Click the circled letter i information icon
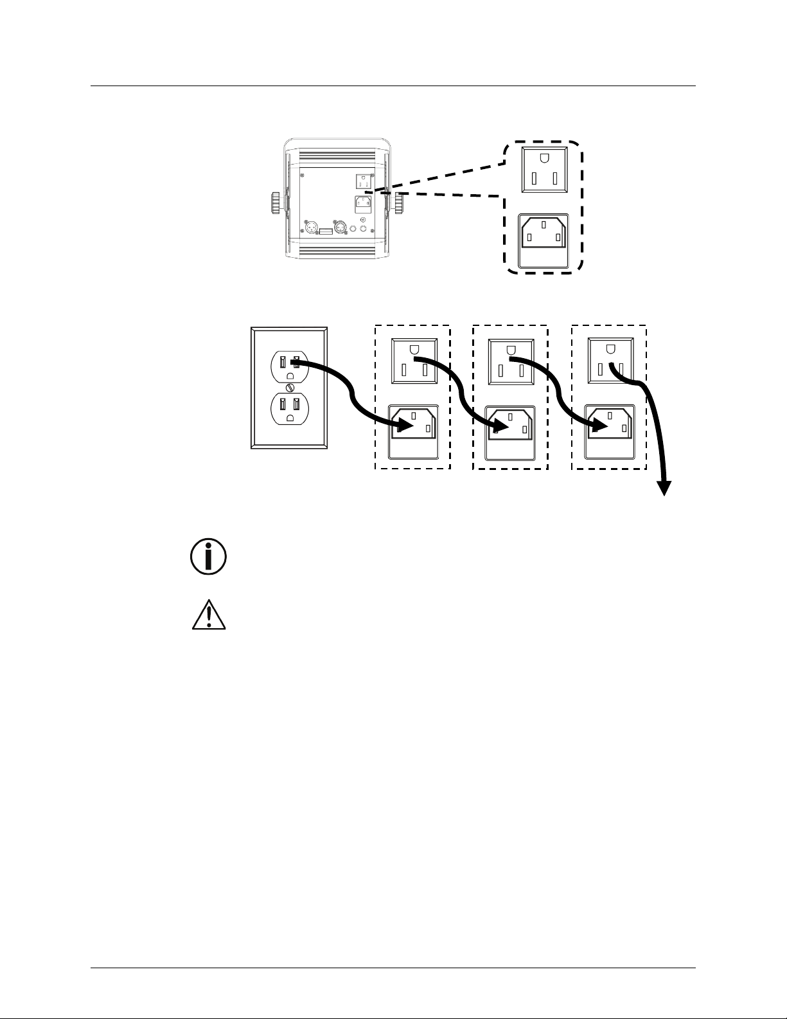tap(208, 557)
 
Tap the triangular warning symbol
tap(209, 615)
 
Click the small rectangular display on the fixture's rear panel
tap(326, 230)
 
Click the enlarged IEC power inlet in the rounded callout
tap(544, 239)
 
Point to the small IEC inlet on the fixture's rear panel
tap(364, 204)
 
